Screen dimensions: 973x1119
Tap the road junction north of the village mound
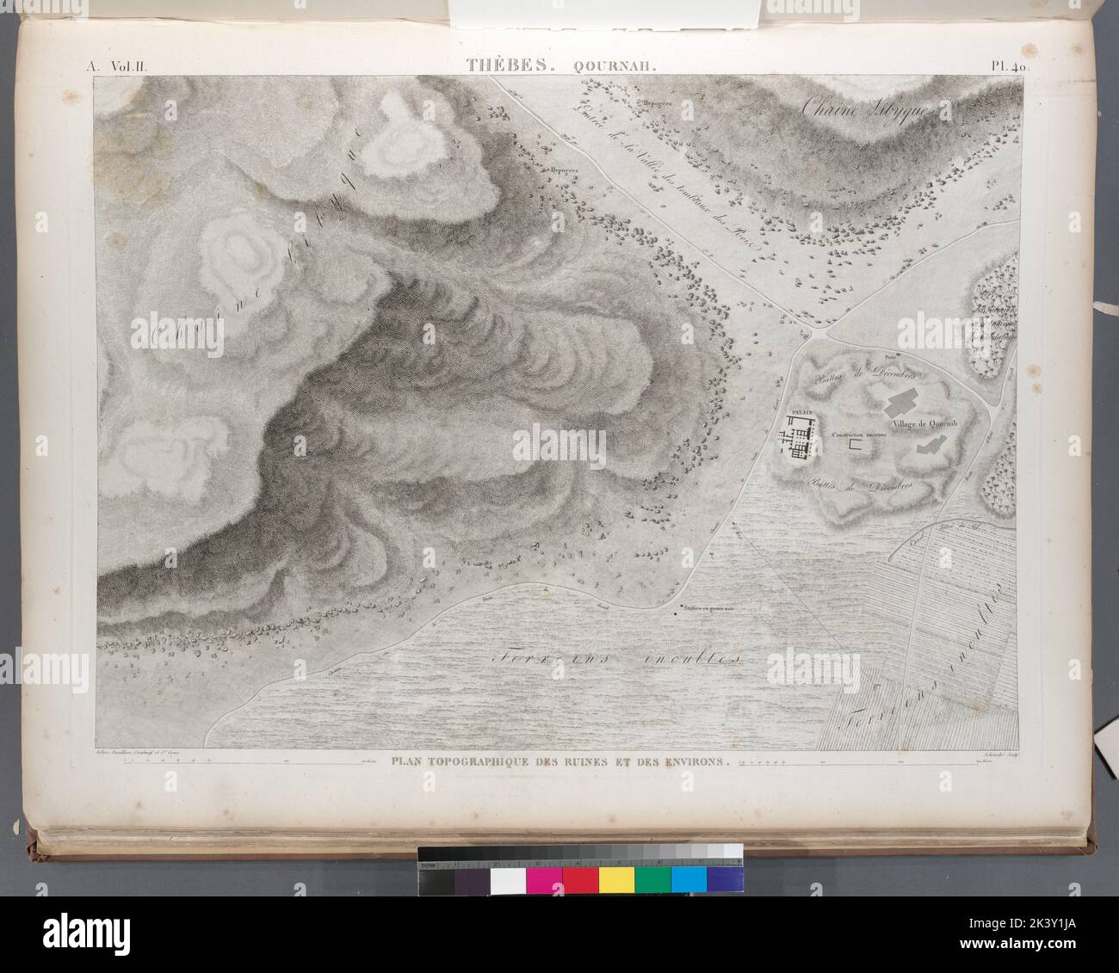822,328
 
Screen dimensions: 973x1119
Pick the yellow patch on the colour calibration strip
616,878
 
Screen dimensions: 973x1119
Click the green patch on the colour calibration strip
652,878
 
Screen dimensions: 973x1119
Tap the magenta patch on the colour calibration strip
544,878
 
